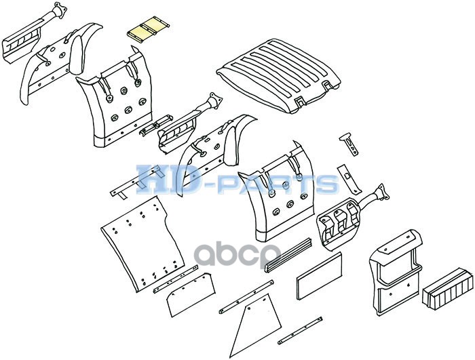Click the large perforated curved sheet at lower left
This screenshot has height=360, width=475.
pyautogui.click(x=142, y=243)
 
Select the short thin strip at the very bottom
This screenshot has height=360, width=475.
pyautogui.click(x=300, y=331)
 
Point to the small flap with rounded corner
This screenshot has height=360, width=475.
pyautogui.click(x=191, y=294)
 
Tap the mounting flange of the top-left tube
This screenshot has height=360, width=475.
pyautogui.click(x=60, y=8)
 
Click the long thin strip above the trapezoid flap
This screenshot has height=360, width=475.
pyautogui.click(x=246, y=297)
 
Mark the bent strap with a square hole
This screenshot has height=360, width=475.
pyautogui.click(x=349, y=179)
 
